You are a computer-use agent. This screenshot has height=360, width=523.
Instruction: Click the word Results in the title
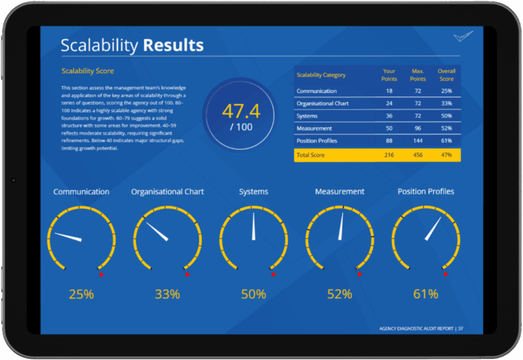pos(172,46)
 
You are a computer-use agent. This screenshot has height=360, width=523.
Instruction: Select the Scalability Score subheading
pos(88,71)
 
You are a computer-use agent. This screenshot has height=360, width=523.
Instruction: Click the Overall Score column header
pos(446,75)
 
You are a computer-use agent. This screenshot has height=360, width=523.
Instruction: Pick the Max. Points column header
pos(417,75)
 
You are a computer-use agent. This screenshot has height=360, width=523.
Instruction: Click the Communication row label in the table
pos(317,91)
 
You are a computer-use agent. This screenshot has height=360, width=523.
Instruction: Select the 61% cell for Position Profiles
pos(446,141)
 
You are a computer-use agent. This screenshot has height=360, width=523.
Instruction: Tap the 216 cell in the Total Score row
pos(390,156)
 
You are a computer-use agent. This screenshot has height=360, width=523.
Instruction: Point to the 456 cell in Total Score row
pos(417,156)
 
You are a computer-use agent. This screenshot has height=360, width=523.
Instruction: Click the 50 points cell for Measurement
pos(390,129)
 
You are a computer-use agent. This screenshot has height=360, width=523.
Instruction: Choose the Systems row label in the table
pos(307,116)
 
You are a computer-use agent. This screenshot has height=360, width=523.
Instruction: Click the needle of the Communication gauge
pos(69,237)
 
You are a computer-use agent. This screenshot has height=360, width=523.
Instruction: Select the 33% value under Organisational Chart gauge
pos(167,295)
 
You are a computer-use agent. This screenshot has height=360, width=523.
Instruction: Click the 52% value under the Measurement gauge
pos(339,295)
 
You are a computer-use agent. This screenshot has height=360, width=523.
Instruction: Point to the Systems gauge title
pos(253,192)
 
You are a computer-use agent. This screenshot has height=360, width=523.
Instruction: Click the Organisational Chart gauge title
pos(168,192)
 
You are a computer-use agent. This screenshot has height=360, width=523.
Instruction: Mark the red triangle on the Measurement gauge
pos(360,274)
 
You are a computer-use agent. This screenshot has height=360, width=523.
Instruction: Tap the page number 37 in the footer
pos(461,329)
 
